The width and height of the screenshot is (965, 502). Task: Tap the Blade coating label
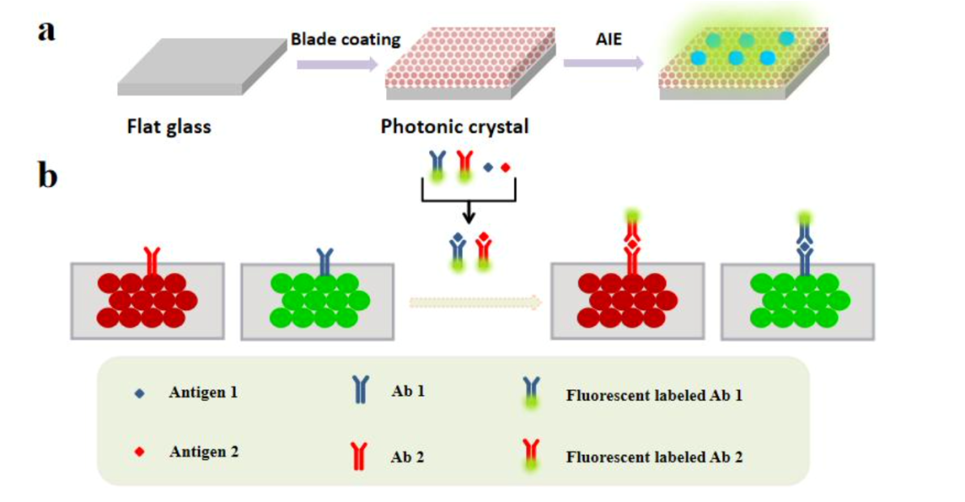tap(346, 39)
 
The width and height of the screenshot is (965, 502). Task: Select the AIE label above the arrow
tap(608, 39)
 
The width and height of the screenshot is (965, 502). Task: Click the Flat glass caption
tap(168, 127)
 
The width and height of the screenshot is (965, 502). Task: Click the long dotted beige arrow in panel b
tap(474, 303)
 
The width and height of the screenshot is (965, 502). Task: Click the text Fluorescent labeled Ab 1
tap(654, 396)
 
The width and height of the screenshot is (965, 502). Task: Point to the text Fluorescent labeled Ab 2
tap(654, 456)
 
